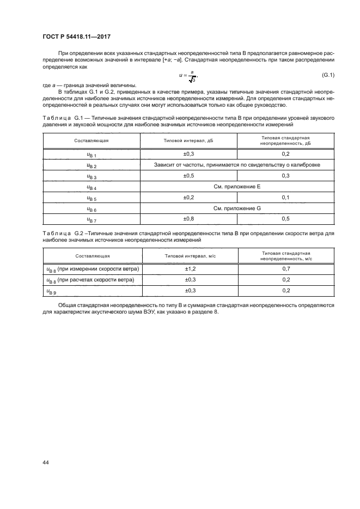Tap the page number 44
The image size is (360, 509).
tap(46, 462)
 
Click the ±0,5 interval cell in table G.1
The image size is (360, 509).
tap(189, 176)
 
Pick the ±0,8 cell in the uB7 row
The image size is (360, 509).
tap(189, 219)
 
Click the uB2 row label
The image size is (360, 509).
tap(91, 165)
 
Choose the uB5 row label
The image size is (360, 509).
tap(91, 198)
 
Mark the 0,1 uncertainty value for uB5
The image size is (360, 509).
tap(285, 198)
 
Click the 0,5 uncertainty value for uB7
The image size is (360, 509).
tap(285, 219)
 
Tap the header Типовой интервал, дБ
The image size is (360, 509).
tap(189, 140)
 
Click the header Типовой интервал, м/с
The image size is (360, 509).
tap(190, 255)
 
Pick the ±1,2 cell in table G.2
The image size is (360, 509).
tap(190, 269)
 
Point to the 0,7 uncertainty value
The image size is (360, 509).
tap(286, 269)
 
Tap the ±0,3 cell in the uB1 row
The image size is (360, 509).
tap(189, 155)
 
